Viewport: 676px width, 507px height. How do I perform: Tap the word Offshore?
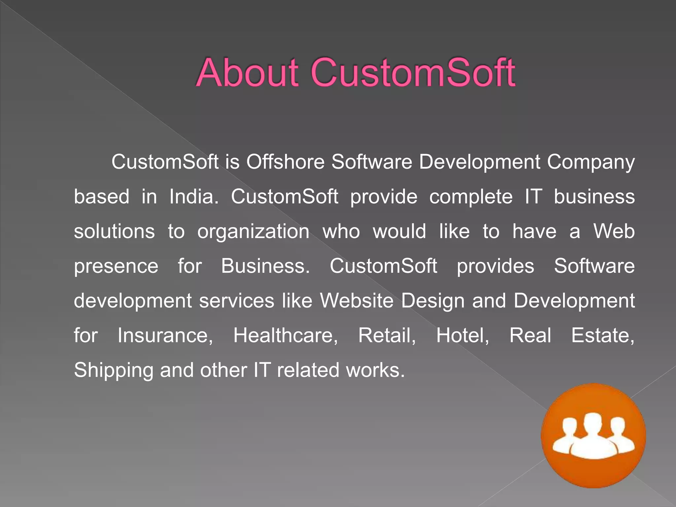[285, 162]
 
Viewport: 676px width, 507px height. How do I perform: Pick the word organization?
[253, 232]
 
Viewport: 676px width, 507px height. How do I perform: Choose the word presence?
[116, 267]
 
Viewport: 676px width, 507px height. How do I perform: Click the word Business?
[265, 266]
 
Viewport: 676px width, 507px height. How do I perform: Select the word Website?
[356, 301]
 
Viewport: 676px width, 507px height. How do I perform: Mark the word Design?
[433, 301]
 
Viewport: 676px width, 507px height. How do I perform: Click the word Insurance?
[165, 336]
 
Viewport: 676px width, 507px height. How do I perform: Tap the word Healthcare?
[286, 336]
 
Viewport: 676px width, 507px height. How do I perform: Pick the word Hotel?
[462, 336]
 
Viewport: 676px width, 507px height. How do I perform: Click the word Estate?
[602, 336]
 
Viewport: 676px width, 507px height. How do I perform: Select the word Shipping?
[114, 371]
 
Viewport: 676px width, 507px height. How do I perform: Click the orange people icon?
[593, 435]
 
